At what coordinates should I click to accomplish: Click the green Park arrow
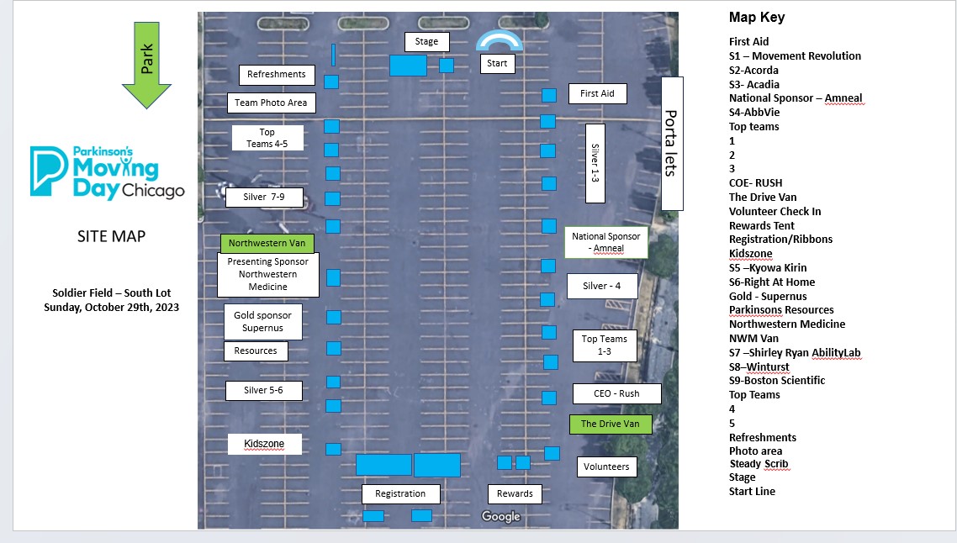(146, 65)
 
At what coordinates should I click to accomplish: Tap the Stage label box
(426, 41)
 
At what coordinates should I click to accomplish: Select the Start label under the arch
(497, 63)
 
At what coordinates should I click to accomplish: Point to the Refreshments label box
(277, 75)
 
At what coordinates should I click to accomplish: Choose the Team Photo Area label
(271, 103)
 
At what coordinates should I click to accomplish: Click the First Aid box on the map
(598, 94)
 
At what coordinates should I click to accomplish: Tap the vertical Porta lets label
(671, 144)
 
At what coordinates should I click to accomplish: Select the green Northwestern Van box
(267, 244)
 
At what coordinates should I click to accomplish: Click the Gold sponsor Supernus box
(262, 322)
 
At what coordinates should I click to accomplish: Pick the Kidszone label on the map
(264, 444)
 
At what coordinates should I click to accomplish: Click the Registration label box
(400, 494)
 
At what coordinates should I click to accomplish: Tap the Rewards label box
(515, 494)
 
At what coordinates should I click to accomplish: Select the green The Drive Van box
(611, 424)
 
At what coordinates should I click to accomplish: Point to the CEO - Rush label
(616, 394)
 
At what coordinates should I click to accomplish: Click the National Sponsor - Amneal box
(606, 242)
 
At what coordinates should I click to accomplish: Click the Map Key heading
(757, 17)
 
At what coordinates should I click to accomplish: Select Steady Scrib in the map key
(759, 464)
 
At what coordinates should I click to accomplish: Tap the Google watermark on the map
(500, 517)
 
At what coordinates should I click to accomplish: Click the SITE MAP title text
(111, 237)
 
